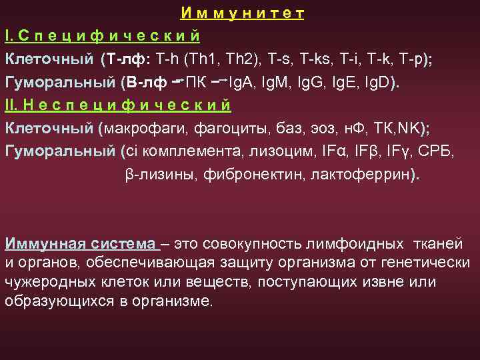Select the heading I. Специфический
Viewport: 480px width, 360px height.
point(102,35)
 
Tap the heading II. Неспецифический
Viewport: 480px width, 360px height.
point(118,105)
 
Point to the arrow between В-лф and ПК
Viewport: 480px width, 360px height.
point(177,81)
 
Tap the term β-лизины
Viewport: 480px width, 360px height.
point(155,175)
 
